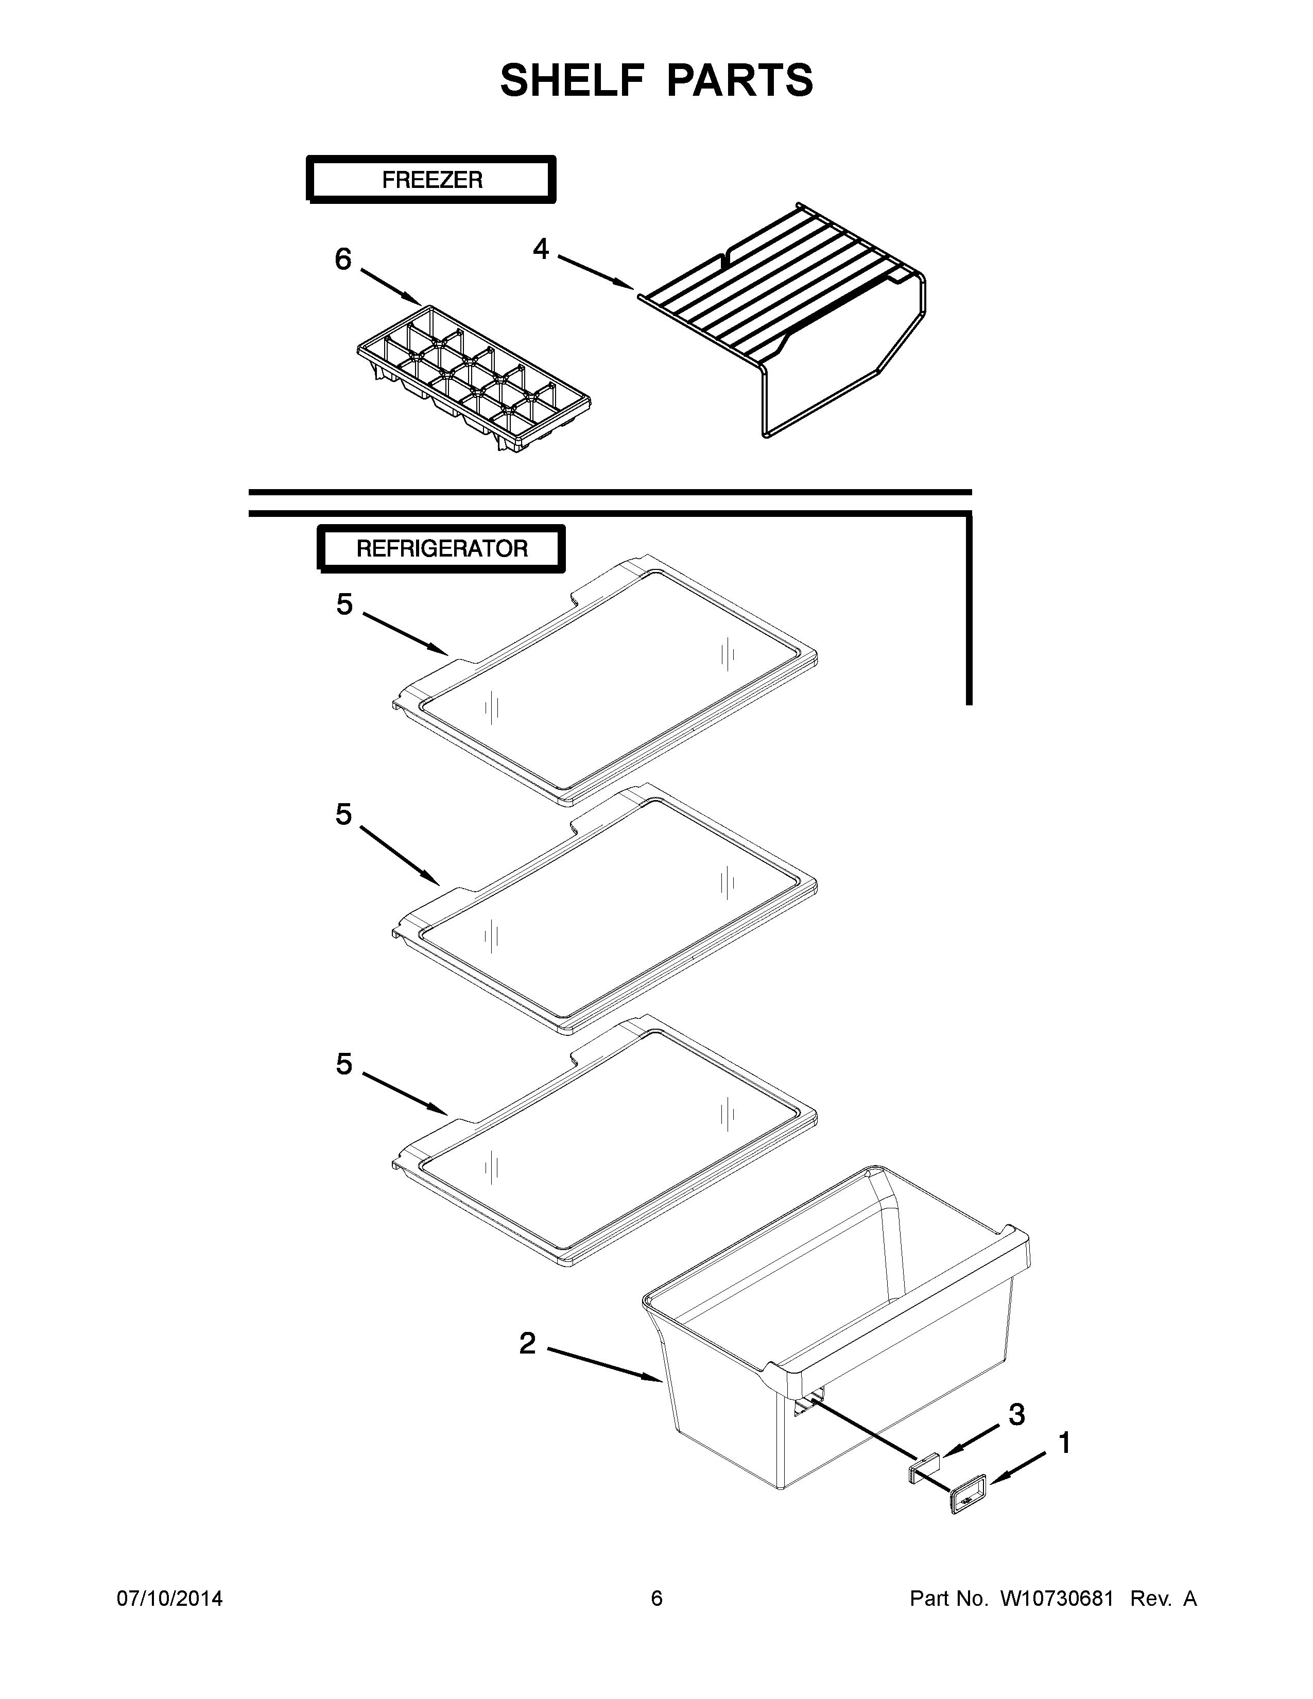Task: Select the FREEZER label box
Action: click(431, 180)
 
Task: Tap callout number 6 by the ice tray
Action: click(343, 259)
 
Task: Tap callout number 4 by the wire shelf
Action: click(541, 249)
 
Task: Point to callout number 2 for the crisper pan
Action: click(527, 1343)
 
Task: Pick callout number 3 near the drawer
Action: click(1016, 1415)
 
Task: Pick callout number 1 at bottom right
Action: click(1064, 1443)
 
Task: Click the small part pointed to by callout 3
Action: click(923, 1467)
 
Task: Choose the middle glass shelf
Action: click(607, 910)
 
